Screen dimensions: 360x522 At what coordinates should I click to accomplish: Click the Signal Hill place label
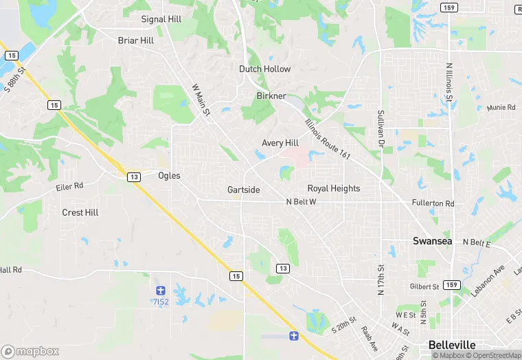tap(160, 19)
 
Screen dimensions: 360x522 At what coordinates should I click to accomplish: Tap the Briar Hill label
tap(136, 41)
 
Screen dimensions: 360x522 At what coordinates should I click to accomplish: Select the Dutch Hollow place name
tap(264, 69)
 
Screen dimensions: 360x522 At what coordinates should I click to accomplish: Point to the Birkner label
tap(271, 96)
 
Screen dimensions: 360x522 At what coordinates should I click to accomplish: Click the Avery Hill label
tap(280, 143)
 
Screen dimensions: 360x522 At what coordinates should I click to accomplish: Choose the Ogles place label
tap(169, 176)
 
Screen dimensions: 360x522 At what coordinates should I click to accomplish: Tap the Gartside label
tap(244, 190)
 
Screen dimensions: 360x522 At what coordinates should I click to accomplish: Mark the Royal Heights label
tap(334, 188)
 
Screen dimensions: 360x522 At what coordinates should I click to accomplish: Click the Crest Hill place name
tap(80, 213)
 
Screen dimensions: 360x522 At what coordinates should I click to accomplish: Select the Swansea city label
tap(432, 241)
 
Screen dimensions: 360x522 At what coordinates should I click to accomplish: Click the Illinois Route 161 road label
tap(328, 137)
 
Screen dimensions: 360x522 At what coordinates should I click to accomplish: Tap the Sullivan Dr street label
tap(379, 128)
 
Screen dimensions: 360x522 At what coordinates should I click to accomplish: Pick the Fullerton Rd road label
tap(433, 204)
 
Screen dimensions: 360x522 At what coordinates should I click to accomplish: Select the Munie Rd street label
tap(501, 108)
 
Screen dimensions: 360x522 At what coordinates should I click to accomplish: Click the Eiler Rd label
tap(69, 186)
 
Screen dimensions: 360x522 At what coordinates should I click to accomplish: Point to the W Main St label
tap(201, 100)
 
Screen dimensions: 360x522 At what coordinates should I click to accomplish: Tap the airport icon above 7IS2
tap(160, 291)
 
